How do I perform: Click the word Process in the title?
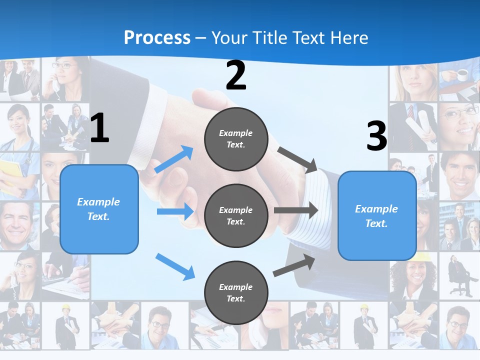click(157, 37)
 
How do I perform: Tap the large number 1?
click(99, 128)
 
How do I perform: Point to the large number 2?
click(236, 75)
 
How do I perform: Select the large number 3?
click(376, 136)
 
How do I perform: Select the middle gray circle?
click(236, 215)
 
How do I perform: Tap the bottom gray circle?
click(236, 292)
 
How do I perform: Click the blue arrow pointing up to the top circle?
click(174, 159)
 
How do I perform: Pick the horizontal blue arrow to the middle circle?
click(175, 211)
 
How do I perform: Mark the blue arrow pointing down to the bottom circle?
click(175, 266)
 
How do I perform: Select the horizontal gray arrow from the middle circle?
click(295, 210)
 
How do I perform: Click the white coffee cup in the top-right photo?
click(462, 74)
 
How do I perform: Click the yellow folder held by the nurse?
click(10, 175)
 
